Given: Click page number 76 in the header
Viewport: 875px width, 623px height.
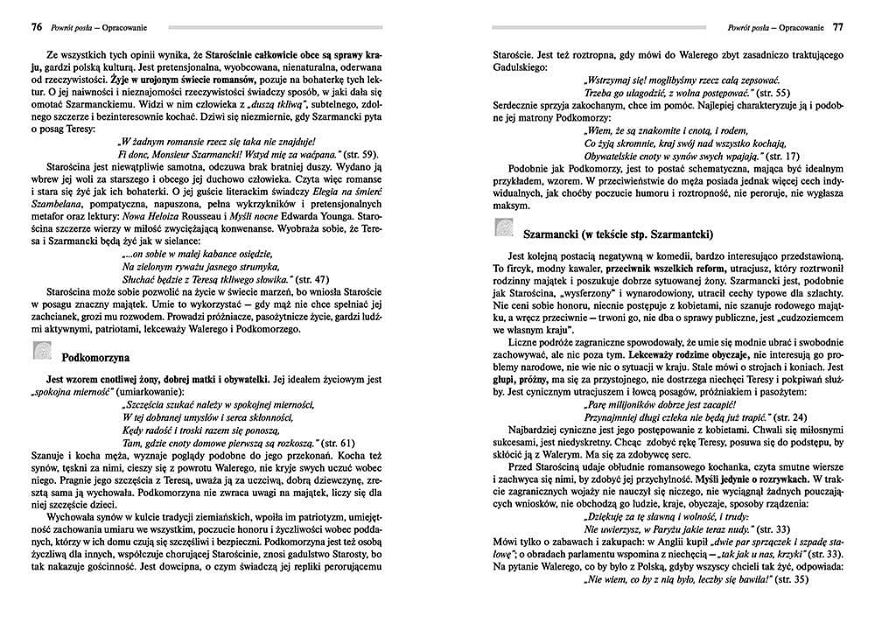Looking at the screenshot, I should pyautogui.click(x=36, y=26).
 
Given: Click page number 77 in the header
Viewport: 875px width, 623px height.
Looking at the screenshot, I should pyautogui.click(x=837, y=26).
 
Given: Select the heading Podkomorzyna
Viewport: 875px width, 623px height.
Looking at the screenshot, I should pyautogui.click(x=95, y=357).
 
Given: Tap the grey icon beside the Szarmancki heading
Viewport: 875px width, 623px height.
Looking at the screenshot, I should pyautogui.click(x=503, y=230).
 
